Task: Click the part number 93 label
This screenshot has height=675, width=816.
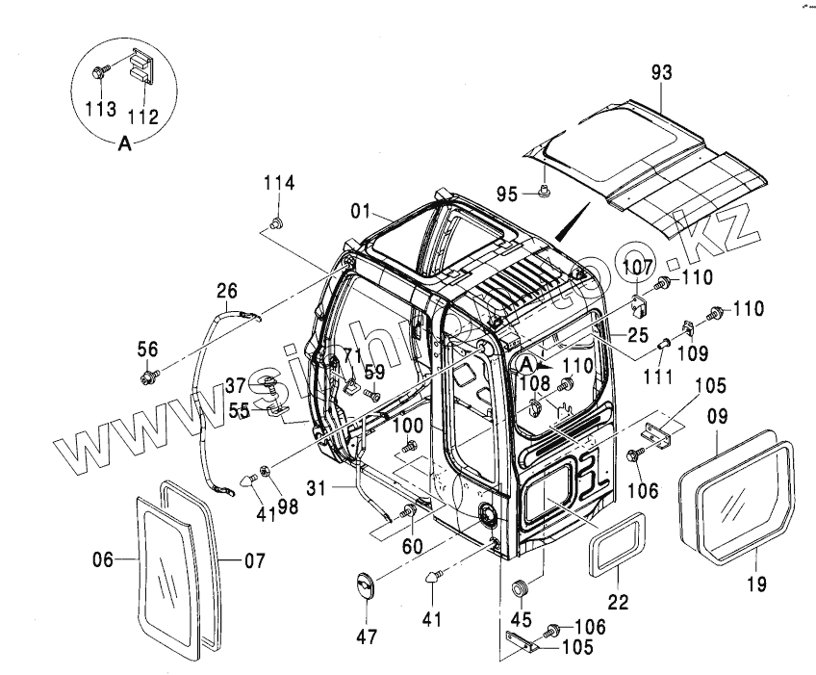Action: [661, 72]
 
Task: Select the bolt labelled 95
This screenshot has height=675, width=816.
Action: [545, 193]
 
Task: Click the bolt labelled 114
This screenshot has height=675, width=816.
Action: [276, 224]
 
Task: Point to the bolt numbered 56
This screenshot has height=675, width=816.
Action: [148, 376]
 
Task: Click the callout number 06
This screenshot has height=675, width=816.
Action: [103, 558]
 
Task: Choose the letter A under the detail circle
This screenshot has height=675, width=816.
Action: [124, 144]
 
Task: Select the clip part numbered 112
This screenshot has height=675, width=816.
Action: [141, 65]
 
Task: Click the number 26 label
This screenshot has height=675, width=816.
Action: [226, 290]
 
